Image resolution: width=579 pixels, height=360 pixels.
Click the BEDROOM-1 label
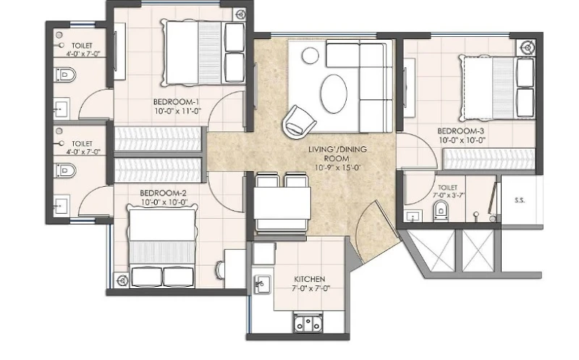[176, 101]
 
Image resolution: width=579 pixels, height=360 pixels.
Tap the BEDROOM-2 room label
[163, 193]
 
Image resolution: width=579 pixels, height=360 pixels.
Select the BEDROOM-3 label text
[460, 131]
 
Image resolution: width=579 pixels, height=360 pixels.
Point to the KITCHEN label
[310, 279]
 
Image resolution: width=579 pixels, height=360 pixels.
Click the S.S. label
[520, 201]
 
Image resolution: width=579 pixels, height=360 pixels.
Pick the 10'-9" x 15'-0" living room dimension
[338, 167]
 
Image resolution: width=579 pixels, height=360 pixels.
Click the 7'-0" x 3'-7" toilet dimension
[447, 195]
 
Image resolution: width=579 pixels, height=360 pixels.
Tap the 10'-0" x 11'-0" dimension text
[177, 111]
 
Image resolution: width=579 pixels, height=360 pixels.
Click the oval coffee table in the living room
[334, 94]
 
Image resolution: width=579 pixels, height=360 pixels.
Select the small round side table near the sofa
[310, 56]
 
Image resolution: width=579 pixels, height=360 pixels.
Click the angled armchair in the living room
[299, 121]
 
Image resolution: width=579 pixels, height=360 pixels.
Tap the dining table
[282, 203]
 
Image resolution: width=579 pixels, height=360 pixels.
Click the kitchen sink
[262, 285]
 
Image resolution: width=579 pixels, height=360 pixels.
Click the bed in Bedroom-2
[161, 246]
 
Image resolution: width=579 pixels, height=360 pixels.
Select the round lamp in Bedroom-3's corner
[528, 47]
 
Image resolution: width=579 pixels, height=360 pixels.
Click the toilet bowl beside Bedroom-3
[441, 211]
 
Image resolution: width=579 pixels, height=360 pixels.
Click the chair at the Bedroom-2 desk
[220, 269]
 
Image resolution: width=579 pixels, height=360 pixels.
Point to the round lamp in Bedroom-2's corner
[122, 281]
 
